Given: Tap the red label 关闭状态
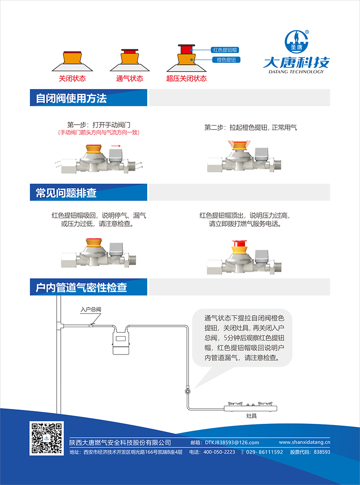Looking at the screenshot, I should click(x=72, y=78).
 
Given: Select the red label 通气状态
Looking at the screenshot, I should click(x=130, y=78).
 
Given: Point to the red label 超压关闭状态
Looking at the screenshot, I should click(x=186, y=78).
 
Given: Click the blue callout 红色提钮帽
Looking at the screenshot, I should click(x=225, y=50).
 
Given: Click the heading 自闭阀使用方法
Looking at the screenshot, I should click(x=71, y=98).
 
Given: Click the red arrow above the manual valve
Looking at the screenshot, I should click(x=116, y=146).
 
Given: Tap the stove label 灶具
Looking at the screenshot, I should click(x=252, y=416).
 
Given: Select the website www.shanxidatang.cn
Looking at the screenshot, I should click(x=305, y=442).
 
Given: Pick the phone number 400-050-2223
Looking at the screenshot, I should click(x=219, y=452).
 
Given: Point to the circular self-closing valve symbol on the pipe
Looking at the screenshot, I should click(x=187, y=391).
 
